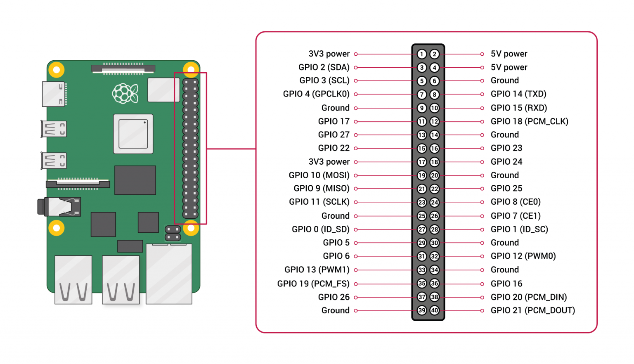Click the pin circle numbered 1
[x=421, y=54]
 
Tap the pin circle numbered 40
[x=435, y=310]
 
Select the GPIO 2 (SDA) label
[x=324, y=67]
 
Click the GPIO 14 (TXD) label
[x=518, y=94]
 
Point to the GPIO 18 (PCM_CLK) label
[x=529, y=121]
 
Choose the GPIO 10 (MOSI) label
[x=319, y=175]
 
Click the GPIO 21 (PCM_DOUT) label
[x=532, y=310]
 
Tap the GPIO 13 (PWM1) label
[x=317, y=270]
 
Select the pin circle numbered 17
[x=421, y=162]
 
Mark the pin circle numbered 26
[x=435, y=216]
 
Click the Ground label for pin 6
[x=504, y=80]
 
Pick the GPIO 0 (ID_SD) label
[x=320, y=229]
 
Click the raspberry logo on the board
[x=125, y=93]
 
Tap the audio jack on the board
[x=60, y=207]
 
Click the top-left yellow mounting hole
[x=57, y=70]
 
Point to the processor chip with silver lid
[x=133, y=134]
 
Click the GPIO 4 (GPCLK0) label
[x=316, y=94]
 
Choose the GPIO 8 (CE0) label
[x=516, y=202]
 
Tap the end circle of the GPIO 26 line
[x=356, y=297]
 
